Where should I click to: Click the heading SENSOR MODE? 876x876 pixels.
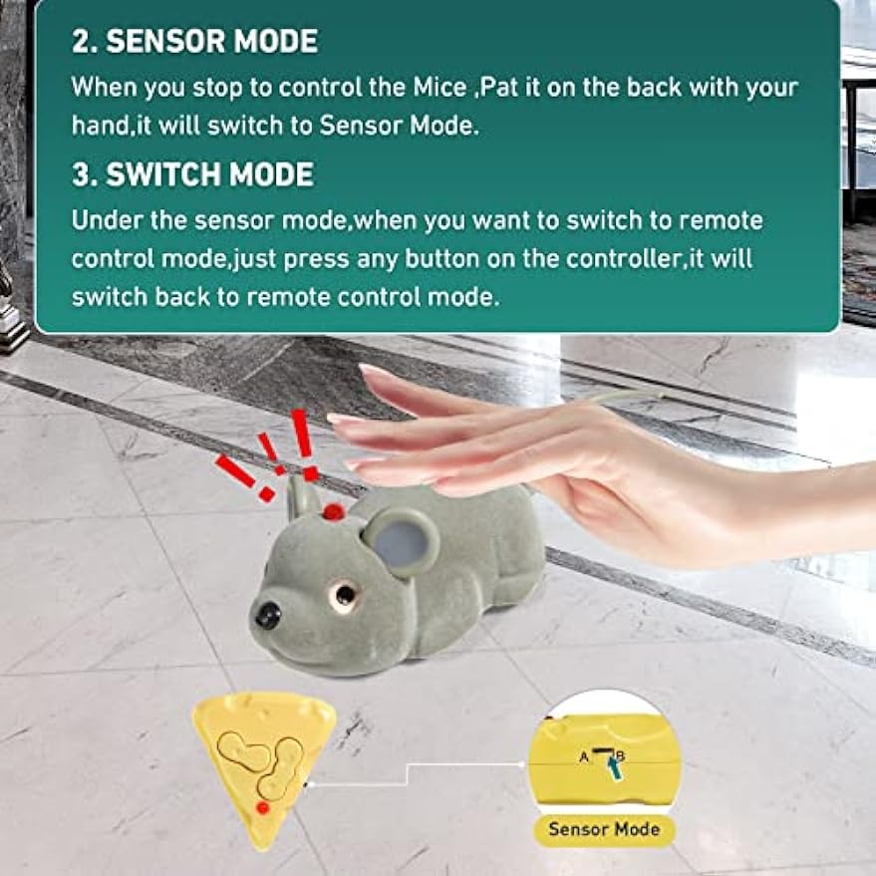[211, 41]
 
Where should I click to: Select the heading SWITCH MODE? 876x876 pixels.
[209, 174]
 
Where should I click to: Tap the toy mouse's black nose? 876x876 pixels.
[267, 615]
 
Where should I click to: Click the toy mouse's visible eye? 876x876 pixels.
[345, 595]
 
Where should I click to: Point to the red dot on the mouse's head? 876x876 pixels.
[332, 512]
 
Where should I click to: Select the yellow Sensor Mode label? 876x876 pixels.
[605, 829]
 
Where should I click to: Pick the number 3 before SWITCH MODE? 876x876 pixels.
[80, 174]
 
